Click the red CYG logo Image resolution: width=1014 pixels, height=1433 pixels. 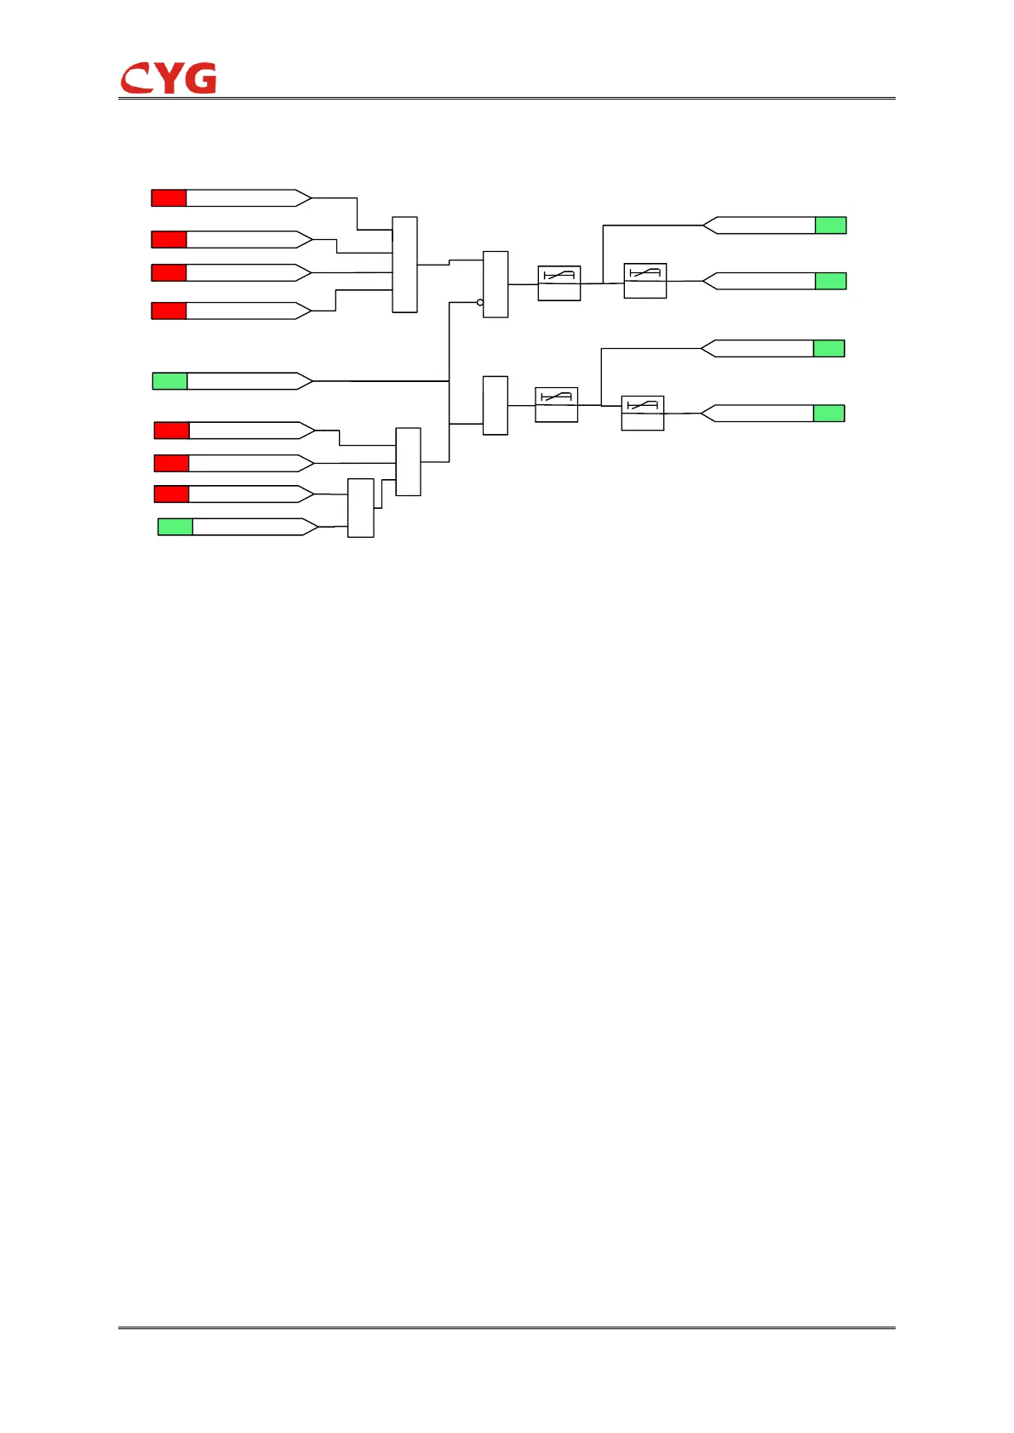tap(169, 78)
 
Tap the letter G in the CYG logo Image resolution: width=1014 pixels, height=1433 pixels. tap(201, 78)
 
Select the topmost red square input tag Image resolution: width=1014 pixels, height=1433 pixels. tap(169, 198)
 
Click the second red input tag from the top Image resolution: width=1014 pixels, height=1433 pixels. tap(169, 239)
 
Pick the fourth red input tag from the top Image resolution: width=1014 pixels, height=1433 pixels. tap(169, 311)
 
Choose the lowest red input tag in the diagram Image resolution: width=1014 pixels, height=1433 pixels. tap(171, 494)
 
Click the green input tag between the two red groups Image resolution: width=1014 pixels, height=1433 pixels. tap(169, 381)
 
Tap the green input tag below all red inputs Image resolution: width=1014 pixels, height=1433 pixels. tap(175, 527)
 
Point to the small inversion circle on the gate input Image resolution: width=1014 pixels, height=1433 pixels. tap(480, 302)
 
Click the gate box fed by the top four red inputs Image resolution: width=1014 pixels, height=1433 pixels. tap(404, 265)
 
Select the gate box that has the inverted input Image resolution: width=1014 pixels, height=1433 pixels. tap(496, 284)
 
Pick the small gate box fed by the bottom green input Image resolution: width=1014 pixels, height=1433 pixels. tap(361, 508)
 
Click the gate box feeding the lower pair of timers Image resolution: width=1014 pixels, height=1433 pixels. tap(496, 405)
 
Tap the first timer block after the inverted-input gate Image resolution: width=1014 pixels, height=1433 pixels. tap(559, 283)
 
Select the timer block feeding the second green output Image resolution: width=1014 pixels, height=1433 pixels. tap(645, 281)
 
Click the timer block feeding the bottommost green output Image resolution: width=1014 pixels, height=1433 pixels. tap(643, 414)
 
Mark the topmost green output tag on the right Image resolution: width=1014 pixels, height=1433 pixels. tap(831, 226)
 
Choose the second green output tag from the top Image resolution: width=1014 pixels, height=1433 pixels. tap(831, 281)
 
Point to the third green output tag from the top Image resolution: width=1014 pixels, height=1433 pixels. tap(829, 348)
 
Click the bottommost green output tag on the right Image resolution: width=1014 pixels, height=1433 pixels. tap(829, 414)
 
